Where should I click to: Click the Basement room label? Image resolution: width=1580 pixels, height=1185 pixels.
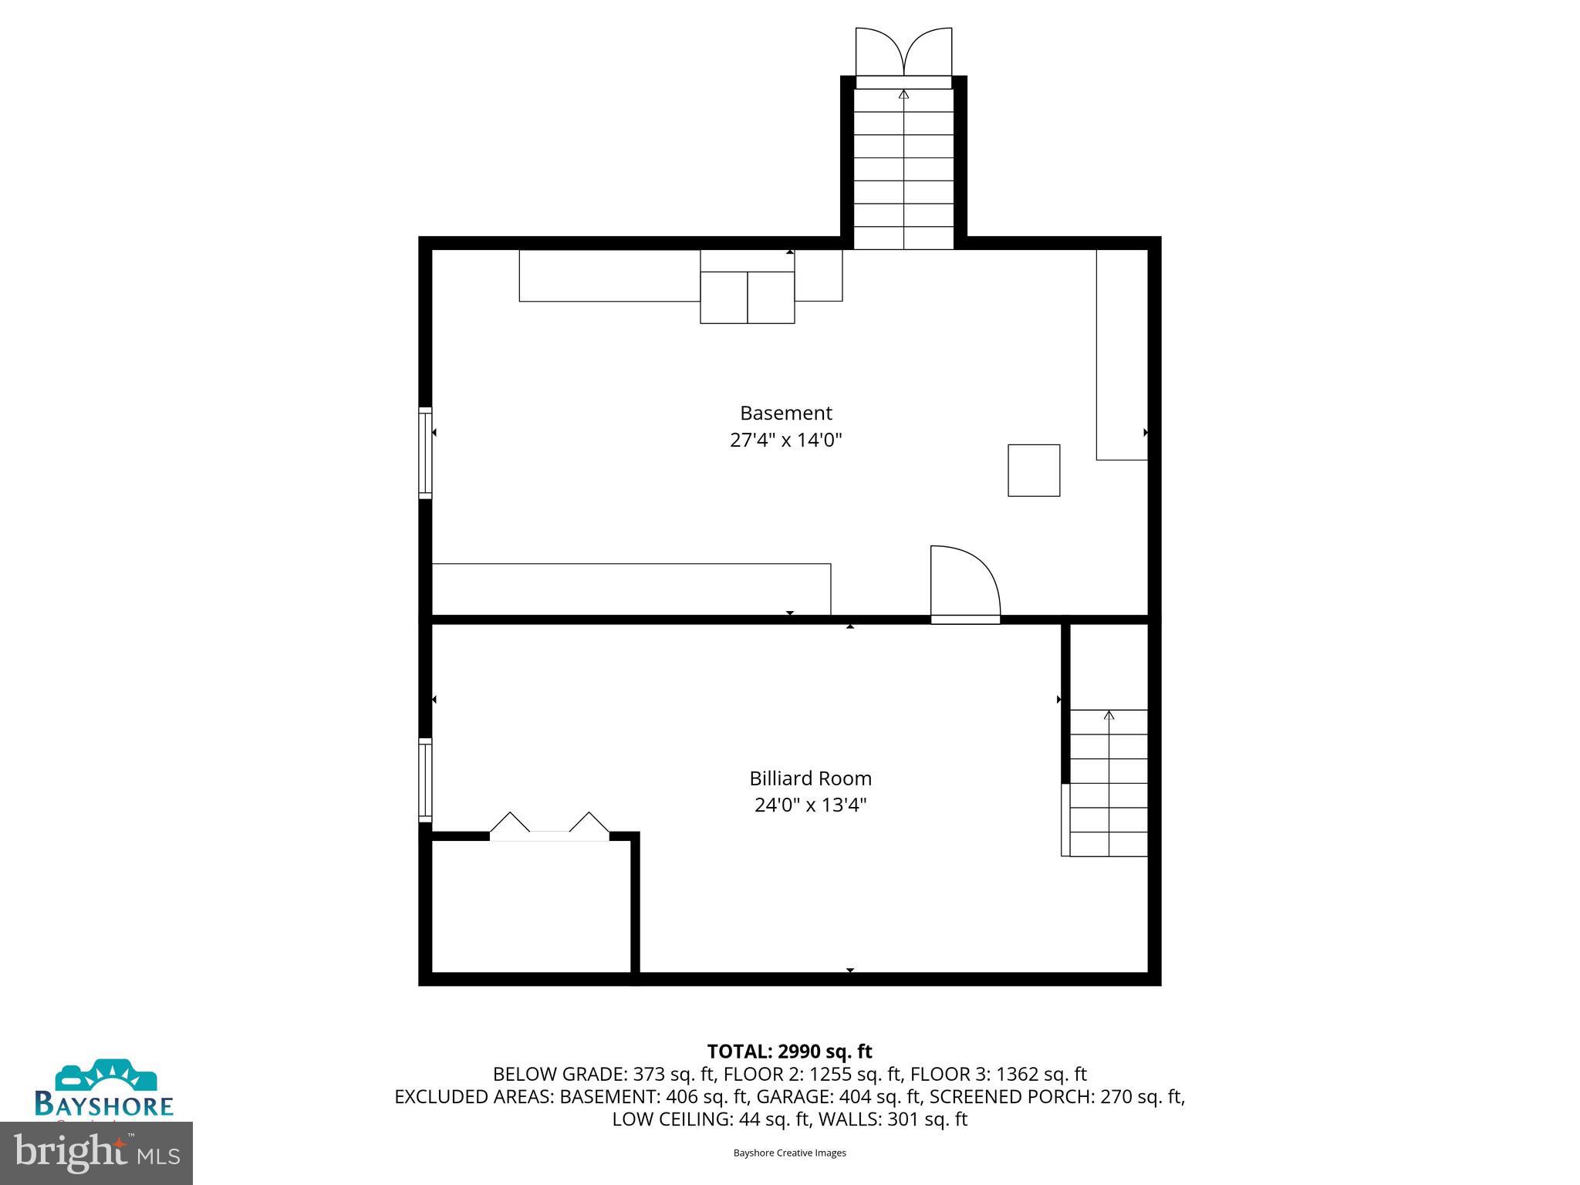(785, 414)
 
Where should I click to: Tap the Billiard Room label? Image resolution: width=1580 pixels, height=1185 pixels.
(810, 778)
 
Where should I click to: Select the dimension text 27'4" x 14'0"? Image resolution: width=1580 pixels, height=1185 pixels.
(785, 441)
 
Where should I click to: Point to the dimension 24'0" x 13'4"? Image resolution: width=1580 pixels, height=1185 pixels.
(810, 805)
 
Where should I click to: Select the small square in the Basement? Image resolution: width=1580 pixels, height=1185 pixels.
(1034, 470)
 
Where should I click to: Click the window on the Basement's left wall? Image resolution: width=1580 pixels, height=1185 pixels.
(425, 453)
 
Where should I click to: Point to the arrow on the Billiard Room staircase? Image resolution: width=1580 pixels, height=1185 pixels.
(1109, 716)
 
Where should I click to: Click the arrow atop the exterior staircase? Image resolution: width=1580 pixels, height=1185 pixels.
(903, 95)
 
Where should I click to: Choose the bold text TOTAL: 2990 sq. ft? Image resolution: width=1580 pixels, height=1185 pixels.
(789, 1052)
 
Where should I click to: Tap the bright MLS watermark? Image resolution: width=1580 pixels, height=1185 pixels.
(96, 1153)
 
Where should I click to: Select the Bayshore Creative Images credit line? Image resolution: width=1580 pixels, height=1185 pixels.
(789, 1153)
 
